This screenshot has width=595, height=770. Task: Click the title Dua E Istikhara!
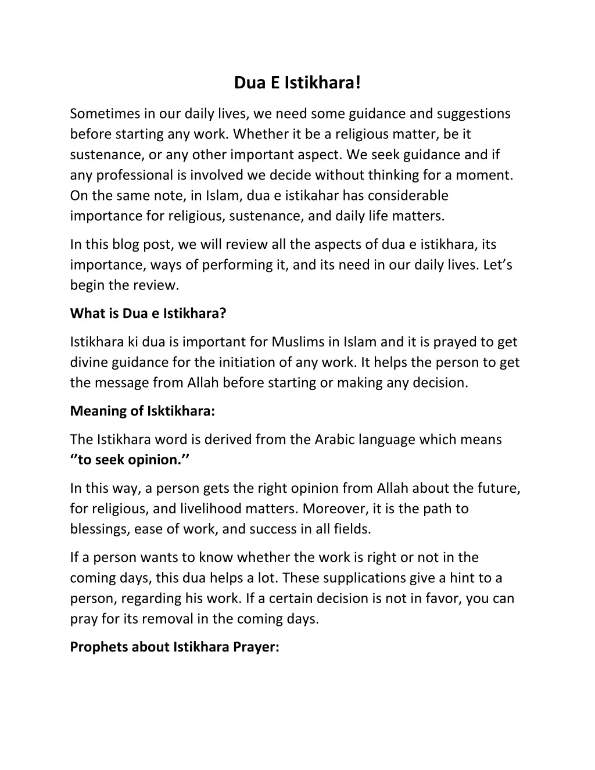pyautogui.click(x=297, y=83)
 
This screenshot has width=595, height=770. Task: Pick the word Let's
pyautogui.click(x=497, y=265)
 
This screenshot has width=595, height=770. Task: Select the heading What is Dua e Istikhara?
pyautogui.click(x=148, y=313)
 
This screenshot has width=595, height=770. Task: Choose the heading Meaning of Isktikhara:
pyautogui.click(x=142, y=411)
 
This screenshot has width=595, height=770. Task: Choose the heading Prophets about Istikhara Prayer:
pyautogui.click(x=174, y=647)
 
